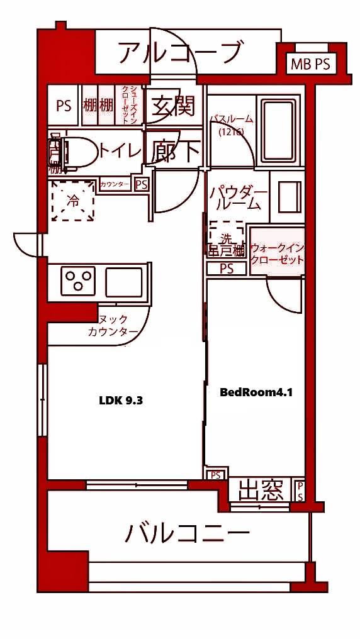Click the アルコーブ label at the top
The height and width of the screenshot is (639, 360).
pos(179,52)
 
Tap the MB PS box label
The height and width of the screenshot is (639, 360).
pos(310,64)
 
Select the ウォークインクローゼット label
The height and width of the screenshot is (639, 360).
pos(277,254)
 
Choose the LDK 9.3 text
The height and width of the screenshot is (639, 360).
pos(121,400)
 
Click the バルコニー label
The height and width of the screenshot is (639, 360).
pos(187,534)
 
